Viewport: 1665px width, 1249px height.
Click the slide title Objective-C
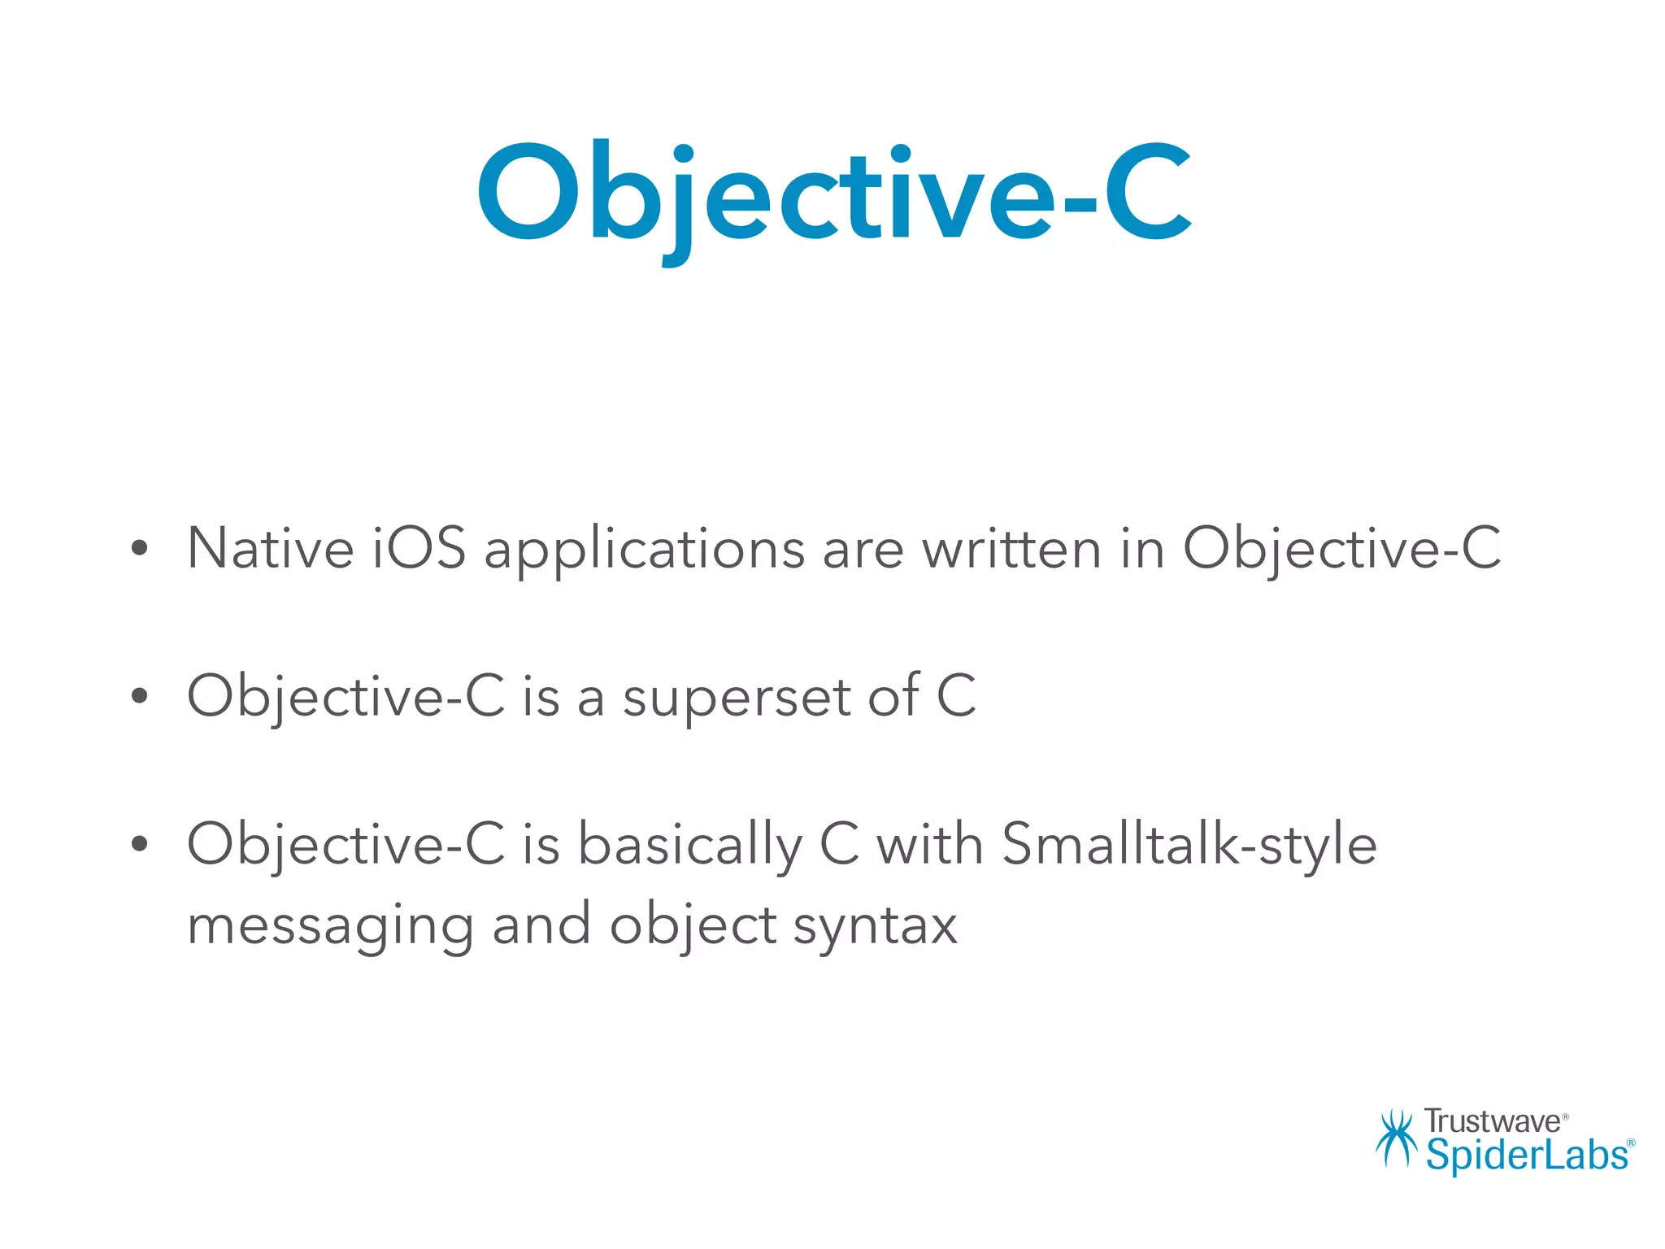pyautogui.click(x=833, y=195)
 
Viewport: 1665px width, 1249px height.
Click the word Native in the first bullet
pyautogui.click(x=270, y=549)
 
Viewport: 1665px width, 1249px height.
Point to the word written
pyautogui.click(x=1011, y=549)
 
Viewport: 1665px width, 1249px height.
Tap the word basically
pyautogui.click(x=689, y=846)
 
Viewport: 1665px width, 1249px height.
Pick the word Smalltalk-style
pyautogui.click(x=1189, y=846)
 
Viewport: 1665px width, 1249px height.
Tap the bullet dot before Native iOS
pyautogui.click(x=140, y=549)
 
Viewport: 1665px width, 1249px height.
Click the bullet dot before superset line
pyautogui.click(x=140, y=696)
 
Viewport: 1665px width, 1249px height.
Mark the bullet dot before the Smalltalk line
pyautogui.click(x=140, y=844)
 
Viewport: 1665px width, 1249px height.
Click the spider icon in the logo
pyautogui.click(x=1395, y=1138)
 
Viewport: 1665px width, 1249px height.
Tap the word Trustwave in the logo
pyautogui.click(x=1492, y=1122)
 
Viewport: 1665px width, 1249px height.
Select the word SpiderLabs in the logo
pyautogui.click(x=1527, y=1155)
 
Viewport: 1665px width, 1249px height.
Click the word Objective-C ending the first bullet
pyautogui.click(x=1341, y=549)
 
